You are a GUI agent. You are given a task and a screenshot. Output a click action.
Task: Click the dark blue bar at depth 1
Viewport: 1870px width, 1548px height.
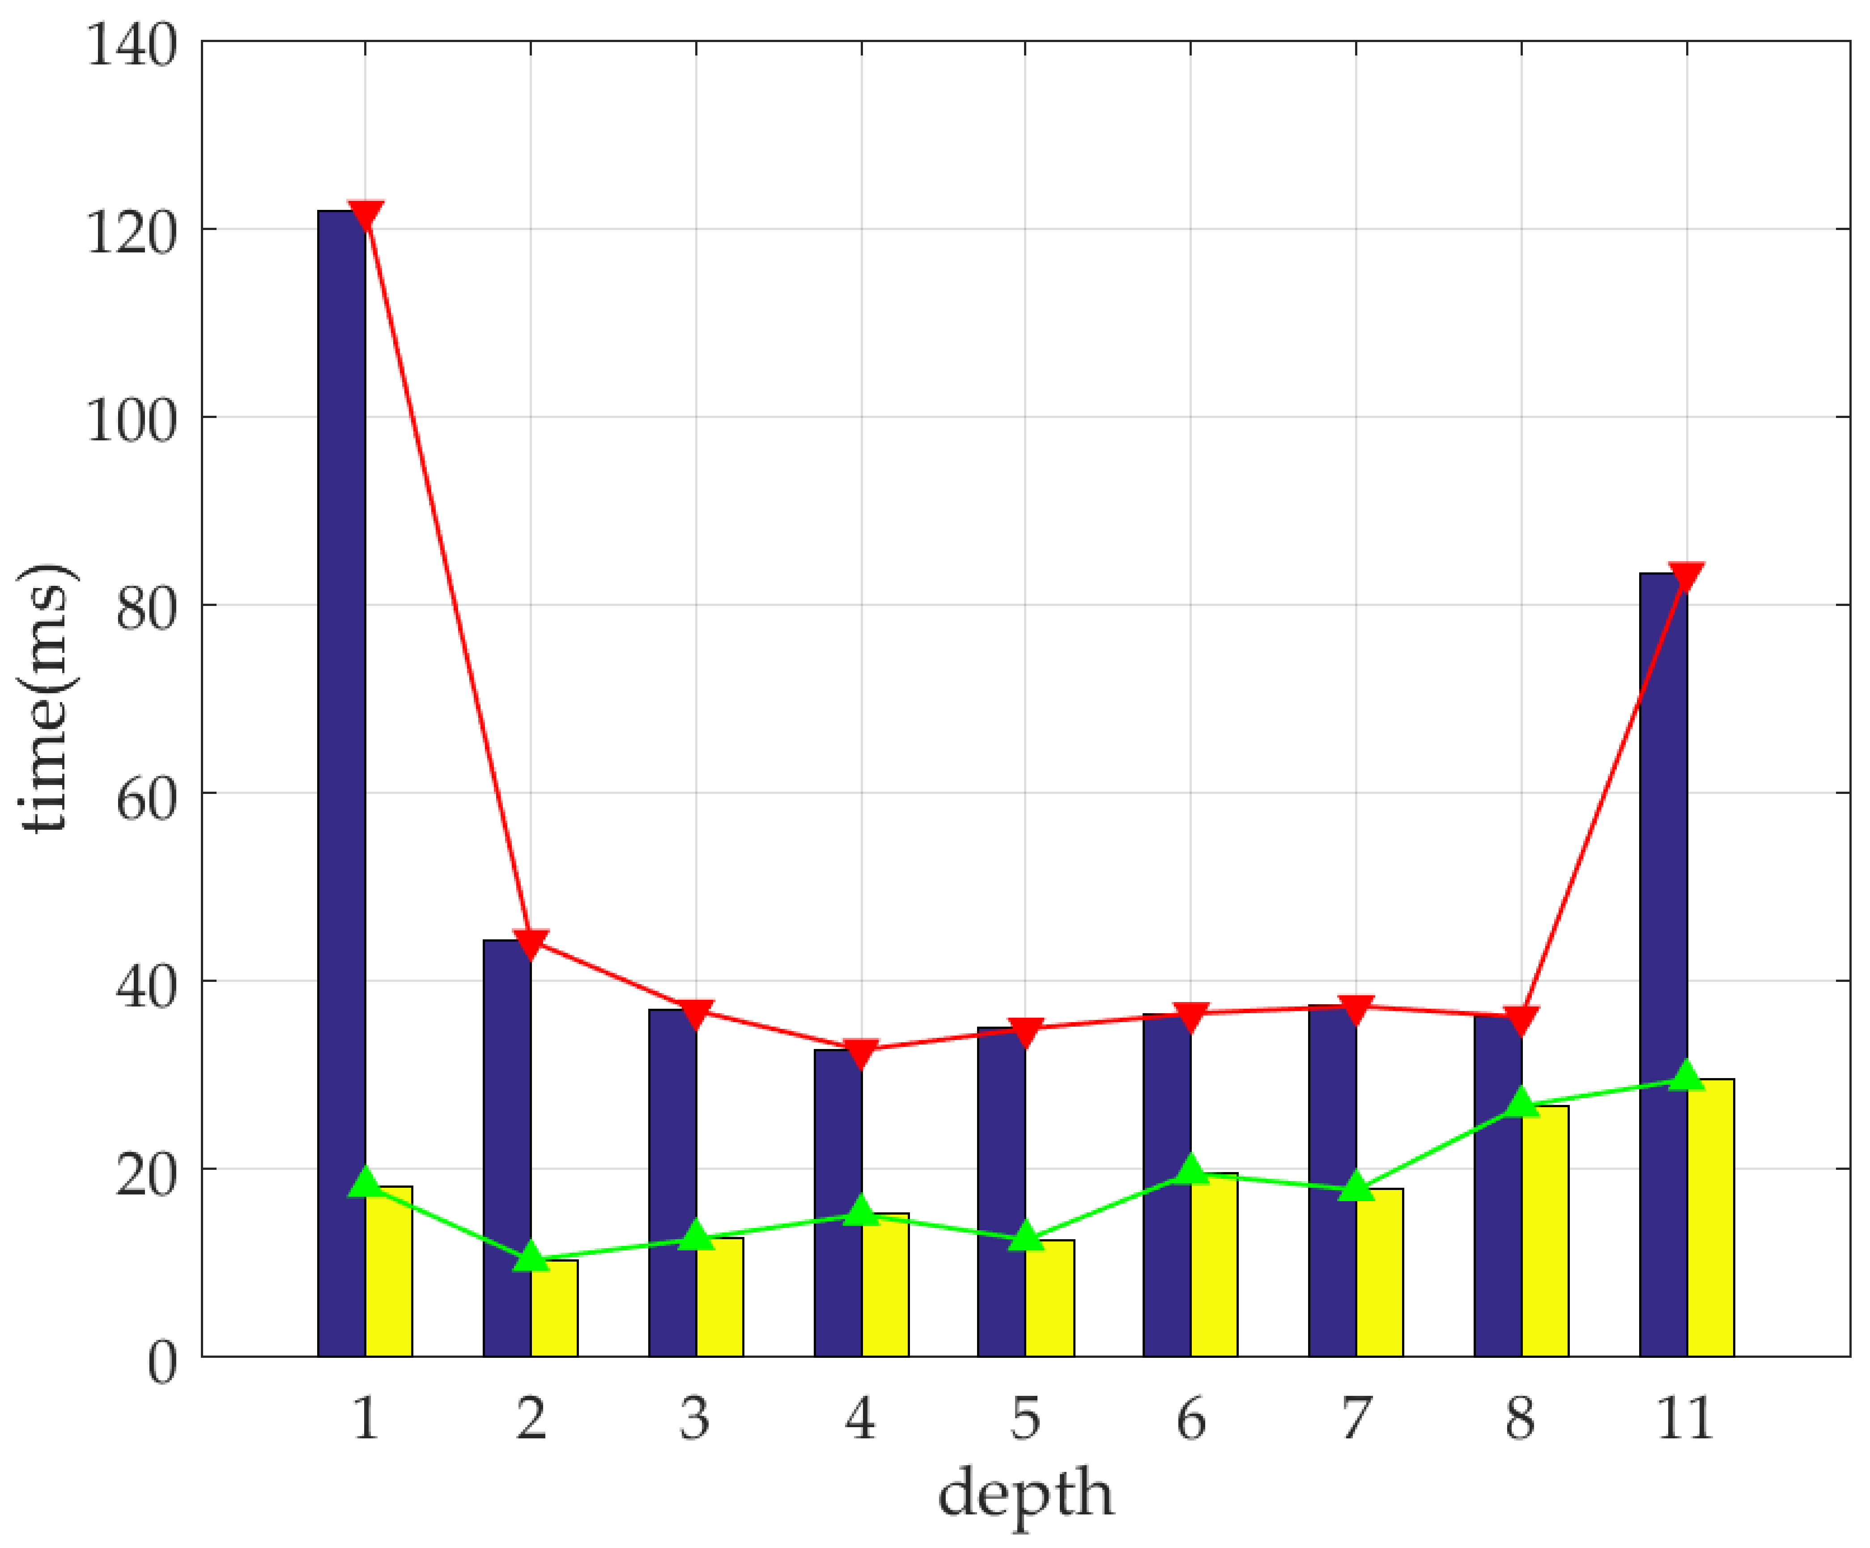[341, 784]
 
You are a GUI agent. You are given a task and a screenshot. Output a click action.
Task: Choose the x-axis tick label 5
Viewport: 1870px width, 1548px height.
[1025, 1419]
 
